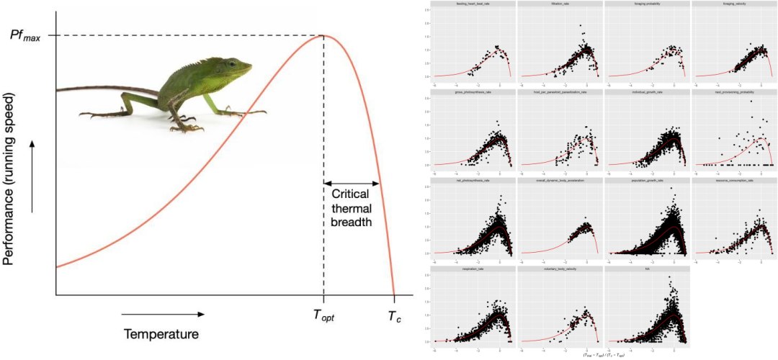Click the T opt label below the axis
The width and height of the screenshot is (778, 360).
point(323,316)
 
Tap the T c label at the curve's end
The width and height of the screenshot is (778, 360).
point(395,316)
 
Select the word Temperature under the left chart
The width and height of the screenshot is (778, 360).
point(161,334)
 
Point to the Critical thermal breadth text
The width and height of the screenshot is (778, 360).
point(352,208)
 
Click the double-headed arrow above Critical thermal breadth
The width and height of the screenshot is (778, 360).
point(352,184)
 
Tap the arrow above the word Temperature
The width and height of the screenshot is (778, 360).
point(162,314)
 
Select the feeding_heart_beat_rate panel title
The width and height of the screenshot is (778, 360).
point(473,5)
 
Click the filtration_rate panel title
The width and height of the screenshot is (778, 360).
point(560,5)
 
